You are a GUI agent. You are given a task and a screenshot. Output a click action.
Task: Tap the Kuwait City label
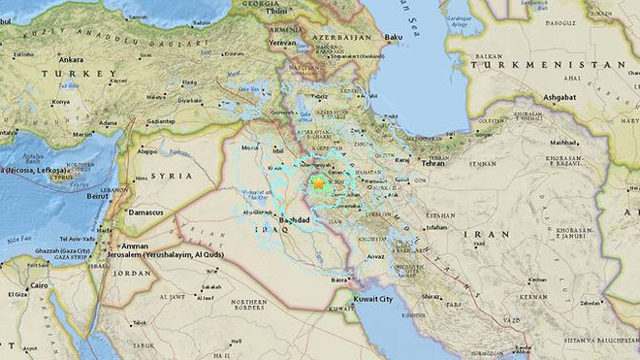click(x=374, y=299)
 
